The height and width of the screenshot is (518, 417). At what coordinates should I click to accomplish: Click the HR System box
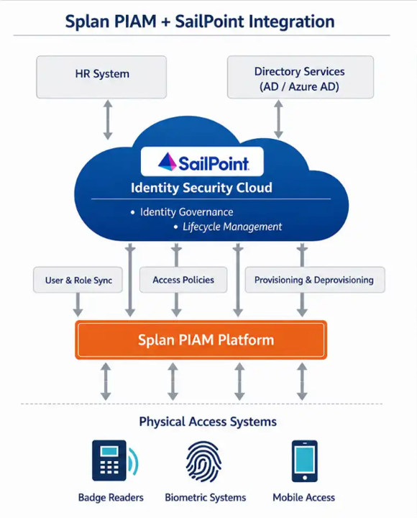pos(101,77)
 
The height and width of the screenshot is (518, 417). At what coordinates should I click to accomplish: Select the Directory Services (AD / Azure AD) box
pos(301,77)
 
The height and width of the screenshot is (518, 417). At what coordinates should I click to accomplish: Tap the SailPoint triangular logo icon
pos(168,162)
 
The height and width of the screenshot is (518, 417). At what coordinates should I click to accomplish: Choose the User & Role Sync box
pos(78,280)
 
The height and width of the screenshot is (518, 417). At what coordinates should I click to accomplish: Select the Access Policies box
pos(183,280)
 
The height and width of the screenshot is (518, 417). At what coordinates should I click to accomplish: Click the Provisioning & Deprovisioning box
pos(315,280)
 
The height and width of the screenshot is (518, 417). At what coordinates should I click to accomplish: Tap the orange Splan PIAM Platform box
pos(201,340)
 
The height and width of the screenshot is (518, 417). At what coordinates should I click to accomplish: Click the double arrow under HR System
pos(108,119)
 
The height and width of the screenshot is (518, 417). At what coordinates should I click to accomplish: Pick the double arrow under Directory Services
pos(279,119)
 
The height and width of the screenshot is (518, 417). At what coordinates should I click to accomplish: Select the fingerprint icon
pos(203,461)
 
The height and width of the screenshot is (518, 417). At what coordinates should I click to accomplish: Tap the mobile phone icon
pos(304,461)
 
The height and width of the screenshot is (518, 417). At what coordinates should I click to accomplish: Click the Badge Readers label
pos(111,498)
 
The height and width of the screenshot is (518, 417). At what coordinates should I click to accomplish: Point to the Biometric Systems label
pos(206,498)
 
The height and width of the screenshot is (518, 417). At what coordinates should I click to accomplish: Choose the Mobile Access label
pos(303,498)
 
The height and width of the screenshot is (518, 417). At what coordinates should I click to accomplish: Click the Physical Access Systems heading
pos(208,422)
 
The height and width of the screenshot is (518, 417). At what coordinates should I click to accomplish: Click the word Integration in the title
pos(291,22)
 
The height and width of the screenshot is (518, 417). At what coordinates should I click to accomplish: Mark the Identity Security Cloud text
pos(201,188)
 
